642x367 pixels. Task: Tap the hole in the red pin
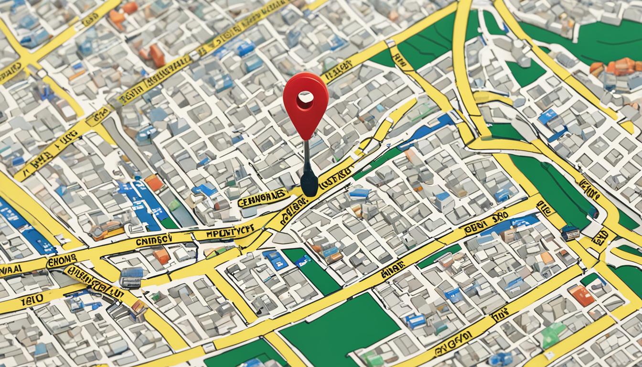[x=305, y=99]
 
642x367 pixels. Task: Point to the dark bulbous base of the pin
[x=309, y=183]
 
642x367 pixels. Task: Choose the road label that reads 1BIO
[x=32, y=300]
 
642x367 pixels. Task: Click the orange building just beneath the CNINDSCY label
[x=161, y=256]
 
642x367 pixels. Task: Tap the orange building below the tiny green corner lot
[x=582, y=295]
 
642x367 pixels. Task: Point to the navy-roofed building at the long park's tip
[x=570, y=233]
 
